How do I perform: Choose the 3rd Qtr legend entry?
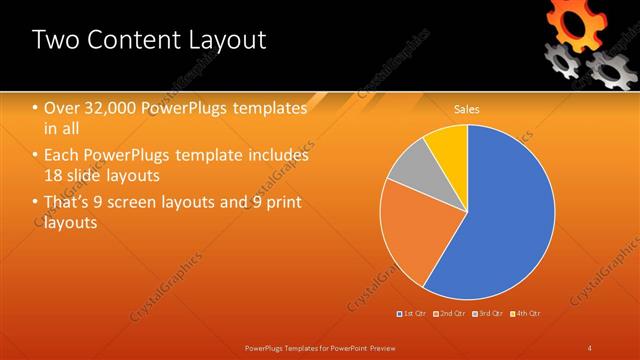tap(490, 313)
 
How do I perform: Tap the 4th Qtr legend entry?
tap(527, 313)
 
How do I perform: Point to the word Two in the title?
tap(54, 40)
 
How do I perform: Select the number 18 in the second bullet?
tap(54, 176)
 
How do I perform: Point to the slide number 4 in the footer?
tap(590, 347)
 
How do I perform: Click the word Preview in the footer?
tap(376, 347)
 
